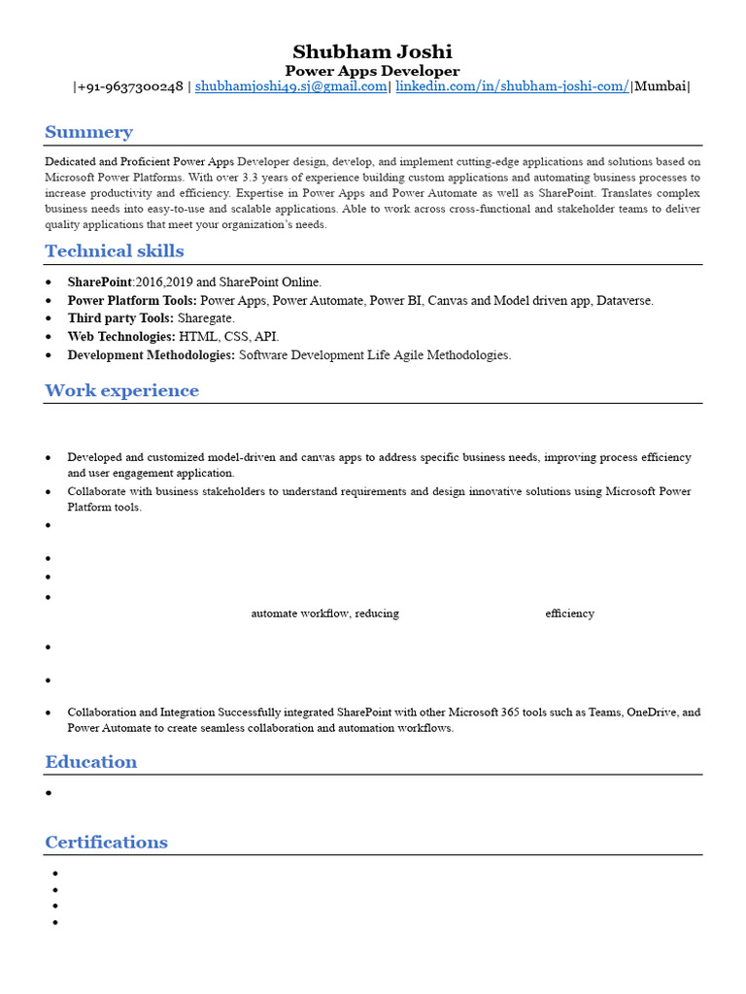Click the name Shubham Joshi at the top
coord(372,51)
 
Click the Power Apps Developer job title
coord(372,71)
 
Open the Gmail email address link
coord(290,86)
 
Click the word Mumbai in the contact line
coord(661,86)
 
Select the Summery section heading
coord(88,132)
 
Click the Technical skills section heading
coord(114,251)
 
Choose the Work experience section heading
coord(121,391)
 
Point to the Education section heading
coord(90,762)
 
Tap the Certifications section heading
coord(106,843)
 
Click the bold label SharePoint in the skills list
coord(99,282)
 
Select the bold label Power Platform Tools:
coord(131,301)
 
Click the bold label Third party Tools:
coord(120,318)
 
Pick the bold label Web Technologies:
coord(121,337)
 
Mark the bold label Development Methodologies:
coord(151,355)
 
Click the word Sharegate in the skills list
coord(206,318)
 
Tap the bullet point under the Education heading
coord(49,793)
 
